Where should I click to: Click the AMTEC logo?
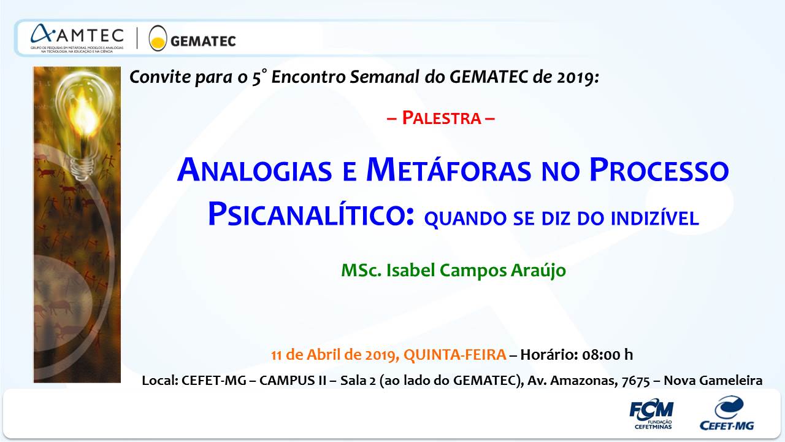[77, 39]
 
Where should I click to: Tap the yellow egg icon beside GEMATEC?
[158, 38]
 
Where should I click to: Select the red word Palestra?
[441, 118]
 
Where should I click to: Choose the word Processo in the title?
[659, 170]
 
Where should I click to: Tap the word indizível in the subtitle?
[655, 217]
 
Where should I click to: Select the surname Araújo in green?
[538, 271]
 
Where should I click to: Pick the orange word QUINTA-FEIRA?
[455, 355]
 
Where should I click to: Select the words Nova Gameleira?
[713, 380]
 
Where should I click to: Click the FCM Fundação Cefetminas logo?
[651, 414]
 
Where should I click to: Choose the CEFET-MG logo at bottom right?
[727, 413]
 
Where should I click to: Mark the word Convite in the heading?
[160, 77]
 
